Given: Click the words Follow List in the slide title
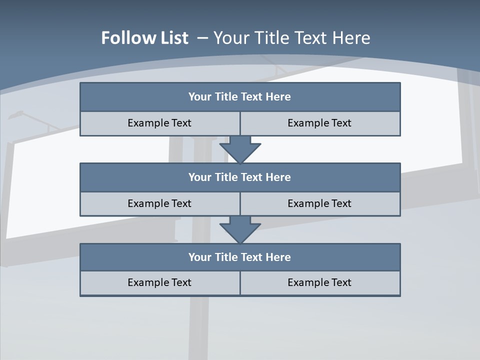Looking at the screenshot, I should [x=144, y=38].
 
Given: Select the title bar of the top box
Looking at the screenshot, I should [x=240, y=97].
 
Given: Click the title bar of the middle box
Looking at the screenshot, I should [x=240, y=177].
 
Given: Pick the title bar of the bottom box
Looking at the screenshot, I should [x=240, y=257].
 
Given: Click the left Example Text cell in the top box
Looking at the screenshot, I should [x=159, y=123].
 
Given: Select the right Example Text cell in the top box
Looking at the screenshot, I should [x=319, y=123].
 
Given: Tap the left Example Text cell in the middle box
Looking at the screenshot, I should [x=159, y=203].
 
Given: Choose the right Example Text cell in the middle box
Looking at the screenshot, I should [x=319, y=203].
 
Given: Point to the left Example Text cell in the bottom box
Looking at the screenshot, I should [x=159, y=282].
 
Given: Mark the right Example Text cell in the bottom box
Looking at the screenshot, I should [x=319, y=282].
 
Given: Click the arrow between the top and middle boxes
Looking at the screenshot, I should [x=240, y=149].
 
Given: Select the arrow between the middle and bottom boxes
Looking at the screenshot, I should [x=240, y=229].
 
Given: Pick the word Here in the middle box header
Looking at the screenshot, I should [x=278, y=177].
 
